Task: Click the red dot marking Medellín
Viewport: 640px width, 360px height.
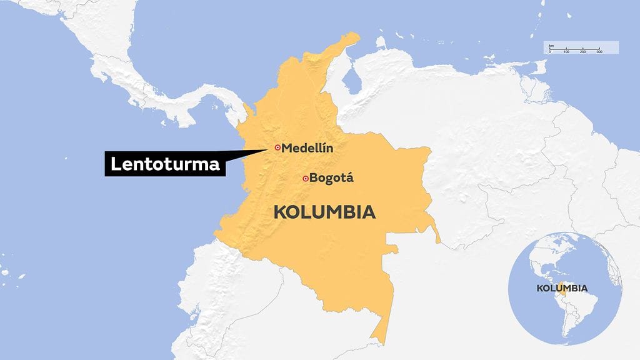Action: tap(277, 147)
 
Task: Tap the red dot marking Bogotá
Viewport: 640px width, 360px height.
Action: tap(305, 179)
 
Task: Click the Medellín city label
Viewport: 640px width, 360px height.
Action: tap(307, 148)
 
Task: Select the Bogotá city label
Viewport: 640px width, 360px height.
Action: tap(332, 178)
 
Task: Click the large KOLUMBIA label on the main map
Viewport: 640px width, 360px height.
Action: tap(324, 212)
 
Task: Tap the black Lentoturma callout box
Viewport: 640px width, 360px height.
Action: tap(165, 164)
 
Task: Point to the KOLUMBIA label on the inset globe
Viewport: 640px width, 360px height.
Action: tap(562, 288)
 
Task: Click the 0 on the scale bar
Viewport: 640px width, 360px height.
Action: tap(550, 51)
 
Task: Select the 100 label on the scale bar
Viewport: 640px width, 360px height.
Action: tap(566, 51)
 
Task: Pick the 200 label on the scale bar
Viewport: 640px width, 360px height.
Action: tap(582, 51)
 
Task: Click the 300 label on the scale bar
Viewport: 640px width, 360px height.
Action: tap(599, 51)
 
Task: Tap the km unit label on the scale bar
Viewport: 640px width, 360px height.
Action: tap(551, 46)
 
